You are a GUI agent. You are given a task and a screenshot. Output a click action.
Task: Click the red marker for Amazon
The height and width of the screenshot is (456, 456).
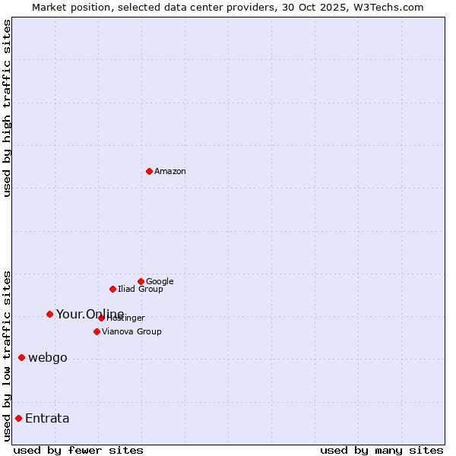(149, 171)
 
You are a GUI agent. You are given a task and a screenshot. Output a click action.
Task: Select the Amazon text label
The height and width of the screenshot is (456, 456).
(170, 172)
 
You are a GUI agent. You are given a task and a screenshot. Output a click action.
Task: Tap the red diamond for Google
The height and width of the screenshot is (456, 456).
(141, 281)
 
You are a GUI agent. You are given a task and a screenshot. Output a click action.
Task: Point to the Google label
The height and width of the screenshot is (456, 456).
(160, 282)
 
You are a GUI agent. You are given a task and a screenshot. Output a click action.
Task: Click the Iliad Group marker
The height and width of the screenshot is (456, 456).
(112, 289)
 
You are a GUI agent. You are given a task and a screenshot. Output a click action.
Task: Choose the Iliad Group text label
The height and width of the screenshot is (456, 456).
(141, 290)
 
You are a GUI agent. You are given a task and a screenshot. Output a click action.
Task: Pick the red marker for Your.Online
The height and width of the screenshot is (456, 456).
(49, 314)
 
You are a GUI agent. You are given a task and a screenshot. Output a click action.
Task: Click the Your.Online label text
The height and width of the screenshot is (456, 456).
(90, 315)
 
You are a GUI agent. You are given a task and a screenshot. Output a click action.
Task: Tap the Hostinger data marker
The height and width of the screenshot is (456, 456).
(101, 318)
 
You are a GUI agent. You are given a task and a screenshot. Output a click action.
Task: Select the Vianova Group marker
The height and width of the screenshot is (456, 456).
(97, 331)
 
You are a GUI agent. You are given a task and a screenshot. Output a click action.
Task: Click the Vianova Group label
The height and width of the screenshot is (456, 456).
(131, 332)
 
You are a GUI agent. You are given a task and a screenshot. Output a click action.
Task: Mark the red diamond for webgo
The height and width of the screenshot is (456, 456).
(21, 357)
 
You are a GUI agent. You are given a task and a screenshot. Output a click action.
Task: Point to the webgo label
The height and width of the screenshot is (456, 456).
(47, 358)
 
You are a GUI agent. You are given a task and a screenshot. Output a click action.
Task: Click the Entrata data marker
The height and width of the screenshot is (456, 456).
(18, 418)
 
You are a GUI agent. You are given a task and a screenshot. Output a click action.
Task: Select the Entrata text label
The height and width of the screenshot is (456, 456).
(47, 419)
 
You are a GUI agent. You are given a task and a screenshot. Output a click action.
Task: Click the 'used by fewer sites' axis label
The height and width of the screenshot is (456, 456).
(78, 450)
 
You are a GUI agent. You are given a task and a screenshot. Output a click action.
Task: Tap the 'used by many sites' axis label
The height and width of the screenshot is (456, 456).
(382, 450)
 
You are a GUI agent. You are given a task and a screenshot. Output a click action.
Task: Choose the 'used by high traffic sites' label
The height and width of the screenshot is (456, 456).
(7, 108)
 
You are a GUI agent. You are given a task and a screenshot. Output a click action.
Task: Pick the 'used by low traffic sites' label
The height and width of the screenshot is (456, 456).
(7, 355)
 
